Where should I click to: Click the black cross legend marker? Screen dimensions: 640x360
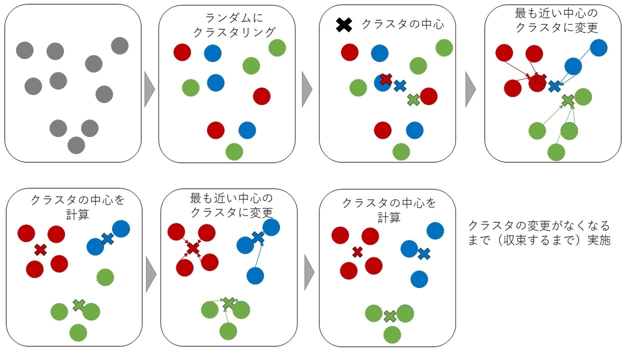(x=344, y=25)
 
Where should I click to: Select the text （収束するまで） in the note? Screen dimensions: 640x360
(x=535, y=240)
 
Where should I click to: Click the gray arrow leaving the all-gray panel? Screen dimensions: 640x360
(x=149, y=89)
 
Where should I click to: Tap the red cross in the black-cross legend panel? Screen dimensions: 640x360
(x=386, y=79)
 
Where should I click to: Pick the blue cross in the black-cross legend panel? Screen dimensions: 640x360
(x=399, y=86)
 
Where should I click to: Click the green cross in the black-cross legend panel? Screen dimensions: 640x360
(x=413, y=99)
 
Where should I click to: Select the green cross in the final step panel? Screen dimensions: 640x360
(x=390, y=316)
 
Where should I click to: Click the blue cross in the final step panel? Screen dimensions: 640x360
(x=424, y=254)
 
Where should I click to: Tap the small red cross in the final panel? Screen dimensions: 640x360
(x=357, y=252)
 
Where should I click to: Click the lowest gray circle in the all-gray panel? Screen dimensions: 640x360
(x=76, y=145)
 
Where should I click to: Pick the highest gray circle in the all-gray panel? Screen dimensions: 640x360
(x=119, y=46)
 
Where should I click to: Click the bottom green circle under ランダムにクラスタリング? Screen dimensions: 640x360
(x=234, y=152)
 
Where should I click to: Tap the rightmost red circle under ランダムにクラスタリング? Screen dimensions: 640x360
(x=261, y=96)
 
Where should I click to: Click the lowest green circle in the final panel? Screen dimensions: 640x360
(x=392, y=335)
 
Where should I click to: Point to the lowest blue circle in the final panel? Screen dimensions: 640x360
(x=419, y=279)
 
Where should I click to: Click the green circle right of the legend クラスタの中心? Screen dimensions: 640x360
(x=444, y=47)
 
